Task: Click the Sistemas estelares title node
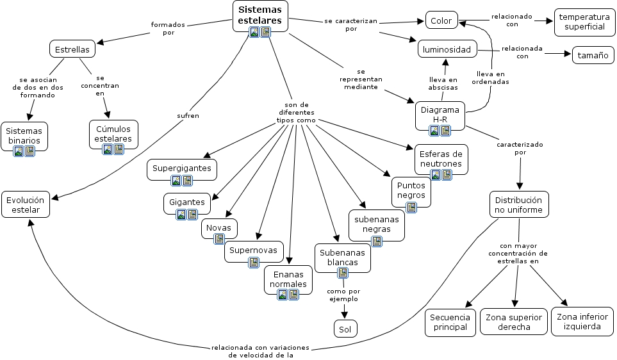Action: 259,15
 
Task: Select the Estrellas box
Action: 72,49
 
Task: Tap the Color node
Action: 441,20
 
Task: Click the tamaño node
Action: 592,56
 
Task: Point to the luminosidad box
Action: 447,49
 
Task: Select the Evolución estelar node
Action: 26,204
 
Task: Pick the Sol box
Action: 345,329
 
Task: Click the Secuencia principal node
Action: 450,322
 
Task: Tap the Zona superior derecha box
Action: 513,322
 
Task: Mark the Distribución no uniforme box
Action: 519,204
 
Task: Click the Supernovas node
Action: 253,250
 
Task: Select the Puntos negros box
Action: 411,190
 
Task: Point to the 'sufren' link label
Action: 188,116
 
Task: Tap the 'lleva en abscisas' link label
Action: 443,83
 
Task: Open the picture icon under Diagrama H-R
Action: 434,131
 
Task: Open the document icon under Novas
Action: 219,238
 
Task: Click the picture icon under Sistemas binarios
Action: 19,151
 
